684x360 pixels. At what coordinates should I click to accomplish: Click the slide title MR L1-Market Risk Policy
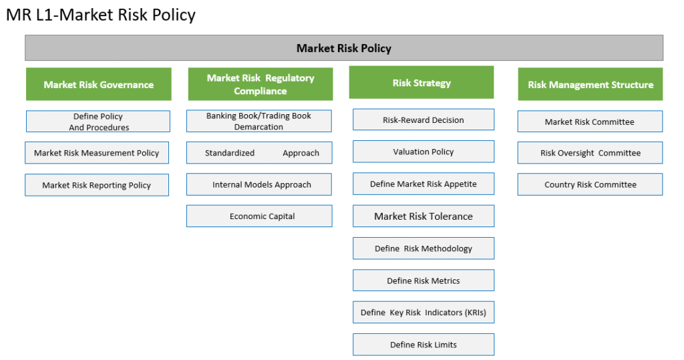(101, 15)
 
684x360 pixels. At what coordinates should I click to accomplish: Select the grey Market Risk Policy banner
(344, 48)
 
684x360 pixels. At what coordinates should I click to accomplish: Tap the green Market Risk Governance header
(99, 84)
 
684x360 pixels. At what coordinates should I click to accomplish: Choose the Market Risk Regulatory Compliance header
(261, 84)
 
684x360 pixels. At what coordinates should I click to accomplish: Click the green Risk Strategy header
(421, 82)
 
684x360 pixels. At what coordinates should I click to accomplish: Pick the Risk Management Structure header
(590, 84)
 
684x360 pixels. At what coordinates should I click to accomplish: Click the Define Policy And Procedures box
(98, 122)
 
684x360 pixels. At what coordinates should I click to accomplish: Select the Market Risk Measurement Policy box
(97, 153)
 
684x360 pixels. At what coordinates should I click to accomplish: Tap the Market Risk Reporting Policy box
(97, 185)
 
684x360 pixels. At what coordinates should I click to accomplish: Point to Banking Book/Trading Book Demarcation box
(259, 121)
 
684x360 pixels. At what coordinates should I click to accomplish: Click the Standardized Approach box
(259, 153)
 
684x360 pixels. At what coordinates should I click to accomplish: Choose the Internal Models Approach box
(259, 184)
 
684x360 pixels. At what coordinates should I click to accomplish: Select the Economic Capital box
(259, 216)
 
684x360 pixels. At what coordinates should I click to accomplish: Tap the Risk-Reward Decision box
(423, 120)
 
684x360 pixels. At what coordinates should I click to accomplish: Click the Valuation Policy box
(423, 152)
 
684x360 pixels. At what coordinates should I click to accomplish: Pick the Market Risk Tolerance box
(423, 216)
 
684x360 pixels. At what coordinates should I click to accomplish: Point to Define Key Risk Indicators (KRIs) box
(423, 313)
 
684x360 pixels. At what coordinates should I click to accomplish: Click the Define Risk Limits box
(423, 345)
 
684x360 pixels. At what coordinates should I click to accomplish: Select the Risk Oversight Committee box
(590, 153)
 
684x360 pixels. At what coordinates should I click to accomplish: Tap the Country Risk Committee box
(590, 184)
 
